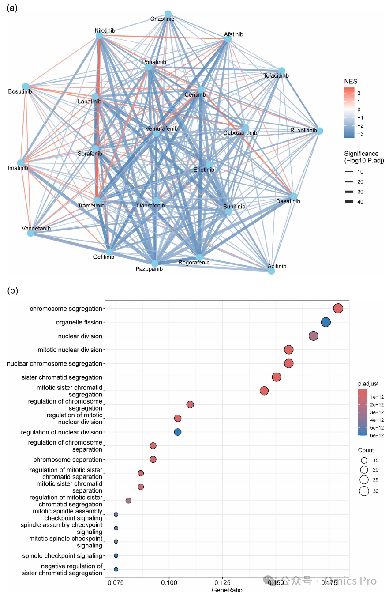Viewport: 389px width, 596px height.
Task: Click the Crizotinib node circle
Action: (x=168, y=14)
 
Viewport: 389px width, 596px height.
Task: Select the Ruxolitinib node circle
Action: (x=320, y=131)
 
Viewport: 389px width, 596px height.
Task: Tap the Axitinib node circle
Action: (x=271, y=271)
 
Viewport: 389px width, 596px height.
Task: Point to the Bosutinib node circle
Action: (x=26, y=87)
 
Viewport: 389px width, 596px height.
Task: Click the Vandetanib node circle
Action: (x=30, y=233)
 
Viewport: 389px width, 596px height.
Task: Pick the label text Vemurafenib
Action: (x=161, y=128)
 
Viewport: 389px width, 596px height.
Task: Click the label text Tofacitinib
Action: (x=276, y=75)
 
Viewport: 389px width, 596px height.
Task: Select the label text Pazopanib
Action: (x=149, y=269)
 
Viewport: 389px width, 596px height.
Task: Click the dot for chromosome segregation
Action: (x=338, y=309)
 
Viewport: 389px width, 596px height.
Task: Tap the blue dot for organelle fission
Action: (x=326, y=322)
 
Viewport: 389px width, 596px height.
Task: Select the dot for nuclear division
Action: (x=314, y=336)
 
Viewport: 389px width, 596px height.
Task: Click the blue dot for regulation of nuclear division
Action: (x=178, y=432)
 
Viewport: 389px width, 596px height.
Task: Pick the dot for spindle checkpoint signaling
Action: (x=116, y=555)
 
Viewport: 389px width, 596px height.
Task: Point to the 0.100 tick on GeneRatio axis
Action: (x=169, y=582)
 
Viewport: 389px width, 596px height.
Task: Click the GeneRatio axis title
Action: (x=227, y=590)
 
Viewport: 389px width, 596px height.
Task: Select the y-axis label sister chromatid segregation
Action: (x=62, y=377)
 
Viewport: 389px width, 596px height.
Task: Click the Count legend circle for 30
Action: (x=364, y=491)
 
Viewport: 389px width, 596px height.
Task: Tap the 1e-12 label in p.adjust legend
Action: (x=377, y=397)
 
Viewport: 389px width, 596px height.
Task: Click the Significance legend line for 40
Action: (x=349, y=202)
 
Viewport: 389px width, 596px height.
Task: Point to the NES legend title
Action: (x=351, y=81)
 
